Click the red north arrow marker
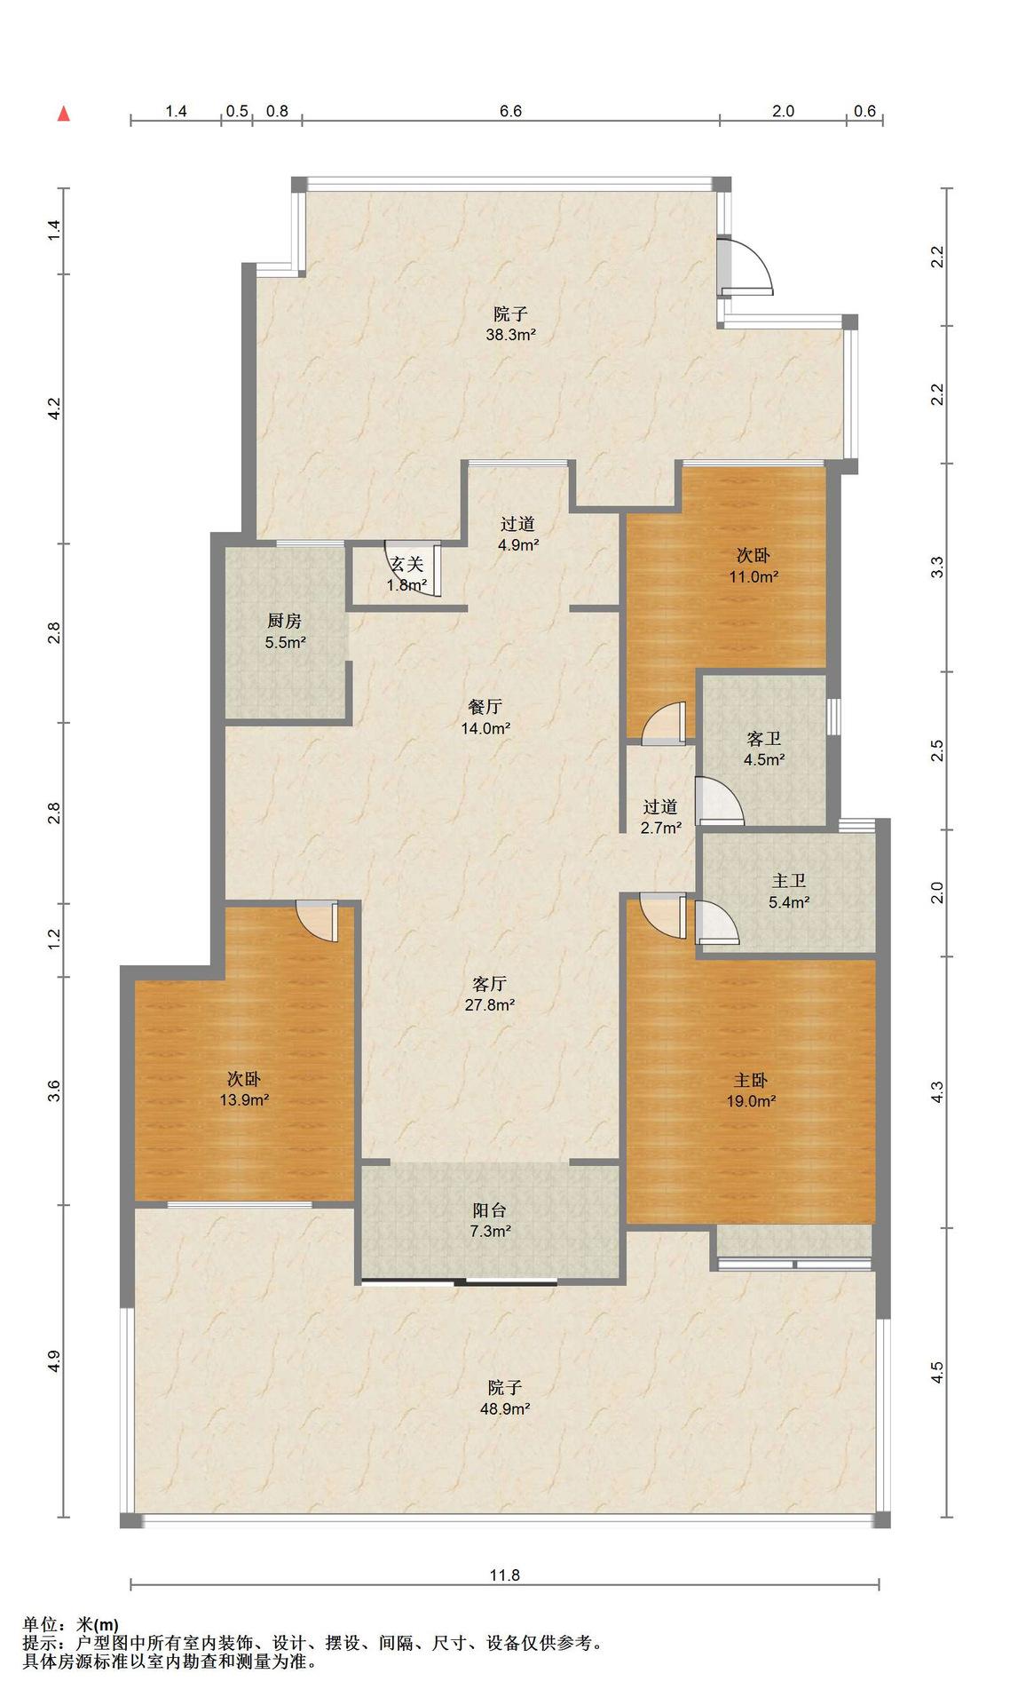(x=64, y=113)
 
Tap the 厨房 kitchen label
(x=285, y=631)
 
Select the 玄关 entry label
(x=407, y=574)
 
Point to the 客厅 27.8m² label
(x=491, y=995)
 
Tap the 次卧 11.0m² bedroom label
(x=754, y=566)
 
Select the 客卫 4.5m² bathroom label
(x=764, y=749)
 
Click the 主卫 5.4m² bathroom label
(x=788, y=892)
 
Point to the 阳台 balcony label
(x=490, y=1220)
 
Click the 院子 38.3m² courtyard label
(x=510, y=324)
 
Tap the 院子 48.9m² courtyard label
(x=505, y=1398)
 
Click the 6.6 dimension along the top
(x=511, y=111)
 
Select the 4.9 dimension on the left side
(x=54, y=1360)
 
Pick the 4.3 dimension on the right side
(x=937, y=1091)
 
